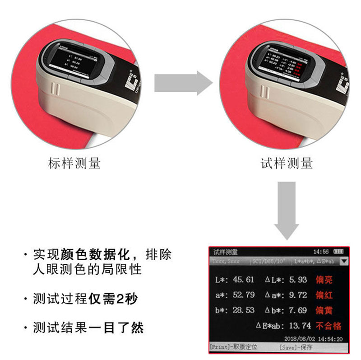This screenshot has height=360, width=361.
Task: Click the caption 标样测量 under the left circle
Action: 74,163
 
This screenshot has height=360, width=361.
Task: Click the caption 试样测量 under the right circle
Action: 287,163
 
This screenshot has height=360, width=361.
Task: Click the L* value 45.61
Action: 244,280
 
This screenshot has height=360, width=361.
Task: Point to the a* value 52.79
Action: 244,295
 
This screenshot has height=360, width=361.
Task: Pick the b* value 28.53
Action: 244,310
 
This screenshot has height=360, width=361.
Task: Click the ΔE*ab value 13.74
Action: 299,325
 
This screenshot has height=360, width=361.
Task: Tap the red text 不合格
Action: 329,325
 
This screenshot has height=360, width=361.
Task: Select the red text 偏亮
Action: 324,280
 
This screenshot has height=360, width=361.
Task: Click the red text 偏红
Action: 324,295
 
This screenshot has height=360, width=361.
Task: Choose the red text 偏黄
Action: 324,310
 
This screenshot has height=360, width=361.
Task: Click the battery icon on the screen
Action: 338,251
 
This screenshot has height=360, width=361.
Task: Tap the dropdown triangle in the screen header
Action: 344,261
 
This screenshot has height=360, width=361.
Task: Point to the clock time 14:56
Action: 320,251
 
